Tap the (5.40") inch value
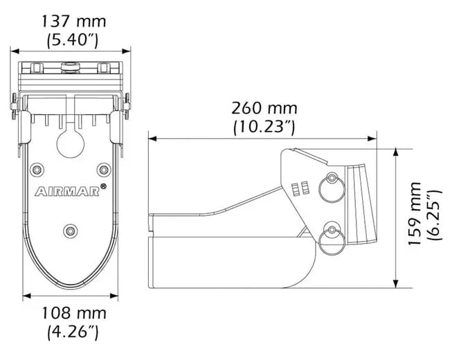tap(72, 40)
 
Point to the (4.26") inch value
tap(72, 333)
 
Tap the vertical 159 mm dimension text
tap(415, 215)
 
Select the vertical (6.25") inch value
tap(434, 215)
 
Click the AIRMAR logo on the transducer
tap(66, 191)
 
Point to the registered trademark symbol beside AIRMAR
tap(103, 187)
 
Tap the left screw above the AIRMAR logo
tap(36, 168)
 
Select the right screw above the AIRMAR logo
tap(104, 168)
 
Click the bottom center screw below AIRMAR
tap(70, 229)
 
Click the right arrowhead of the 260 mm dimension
tap(373, 138)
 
